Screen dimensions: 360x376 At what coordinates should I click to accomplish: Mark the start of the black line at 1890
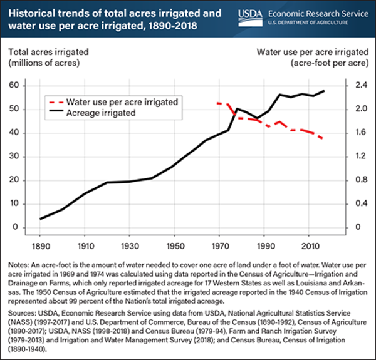click(x=40, y=219)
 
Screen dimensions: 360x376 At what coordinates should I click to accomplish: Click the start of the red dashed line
click(x=217, y=103)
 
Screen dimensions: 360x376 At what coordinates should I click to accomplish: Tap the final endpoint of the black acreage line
click(x=324, y=91)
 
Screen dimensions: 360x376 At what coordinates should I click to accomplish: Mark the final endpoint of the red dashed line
click(x=323, y=138)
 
